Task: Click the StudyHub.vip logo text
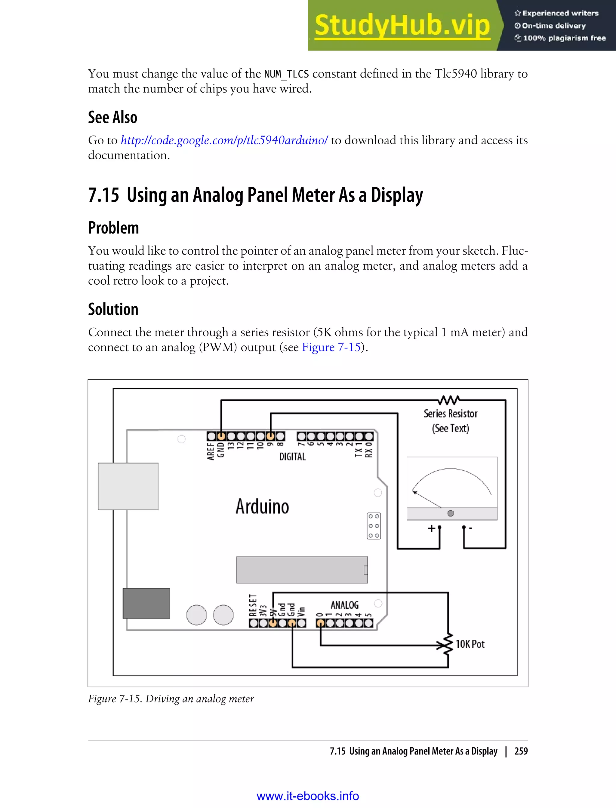(x=402, y=25)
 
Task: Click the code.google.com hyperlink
(x=224, y=140)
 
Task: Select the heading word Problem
(x=113, y=228)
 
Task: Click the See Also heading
(x=112, y=117)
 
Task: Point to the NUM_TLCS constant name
(x=286, y=74)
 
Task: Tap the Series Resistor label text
(x=450, y=414)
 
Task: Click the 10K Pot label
(x=470, y=644)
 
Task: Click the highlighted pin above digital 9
(x=270, y=436)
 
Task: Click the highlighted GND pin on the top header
(x=221, y=436)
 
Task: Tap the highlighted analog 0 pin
(x=320, y=623)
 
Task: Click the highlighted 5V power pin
(x=273, y=623)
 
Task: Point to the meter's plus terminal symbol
(x=432, y=528)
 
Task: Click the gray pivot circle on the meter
(x=451, y=513)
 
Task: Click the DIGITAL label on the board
(x=292, y=457)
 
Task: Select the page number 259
(x=521, y=751)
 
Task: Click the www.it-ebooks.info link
(x=308, y=796)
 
